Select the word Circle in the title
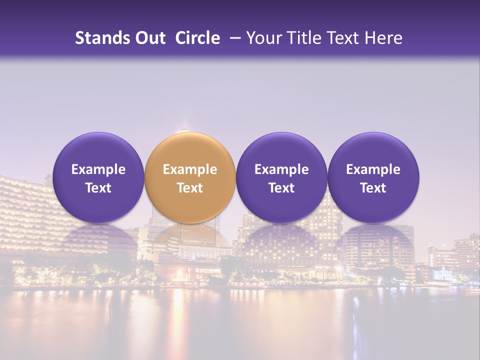(x=197, y=38)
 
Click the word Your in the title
(x=263, y=38)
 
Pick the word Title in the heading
(x=302, y=38)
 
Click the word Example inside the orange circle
(x=190, y=169)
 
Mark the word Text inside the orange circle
(x=190, y=188)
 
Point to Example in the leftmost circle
(x=98, y=169)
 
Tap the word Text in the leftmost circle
(x=98, y=188)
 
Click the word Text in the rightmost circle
(x=373, y=188)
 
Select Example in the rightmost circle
(x=373, y=169)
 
